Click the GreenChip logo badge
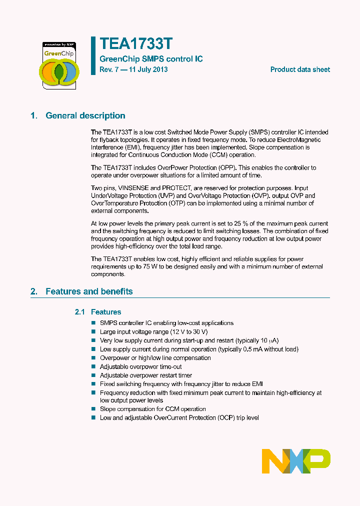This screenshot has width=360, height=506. click(x=59, y=65)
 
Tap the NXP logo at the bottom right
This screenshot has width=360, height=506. click(x=296, y=461)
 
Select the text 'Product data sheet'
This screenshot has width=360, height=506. click(x=300, y=69)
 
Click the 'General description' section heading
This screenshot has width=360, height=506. click(x=85, y=115)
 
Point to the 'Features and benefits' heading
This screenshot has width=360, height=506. click(x=89, y=291)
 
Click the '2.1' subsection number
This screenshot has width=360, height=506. click(x=80, y=312)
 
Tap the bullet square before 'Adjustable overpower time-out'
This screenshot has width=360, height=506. click(x=93, y=367)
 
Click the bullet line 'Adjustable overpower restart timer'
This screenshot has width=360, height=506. click(x=146, y=375)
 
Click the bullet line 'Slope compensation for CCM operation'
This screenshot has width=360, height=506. click(x=153, y=409)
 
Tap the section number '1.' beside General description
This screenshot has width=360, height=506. click(x=34, y=115)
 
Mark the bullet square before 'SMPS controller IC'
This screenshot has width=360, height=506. click(x=93, y=323)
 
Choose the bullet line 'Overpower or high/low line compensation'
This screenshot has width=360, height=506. click(x=155, y=358)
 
